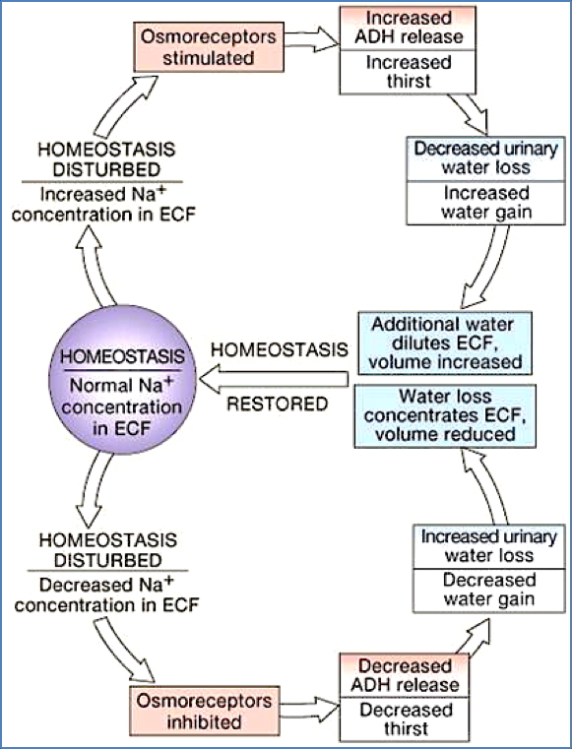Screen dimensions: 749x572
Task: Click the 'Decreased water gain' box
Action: [x=487, y=590]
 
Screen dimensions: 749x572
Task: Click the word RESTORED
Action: [x=280, y=404]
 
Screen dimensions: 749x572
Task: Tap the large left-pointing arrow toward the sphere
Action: [x=276, y=377]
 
